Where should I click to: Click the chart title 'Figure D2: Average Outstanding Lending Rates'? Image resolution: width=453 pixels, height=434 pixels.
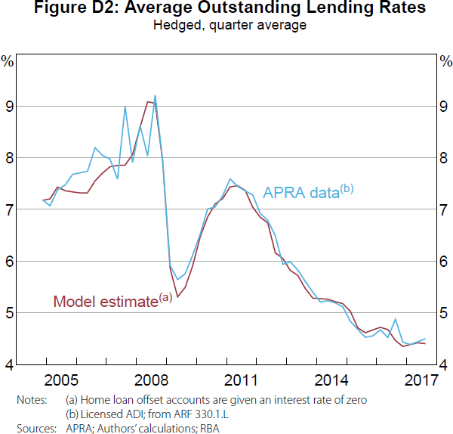pyautogui.click(x=226, y=9)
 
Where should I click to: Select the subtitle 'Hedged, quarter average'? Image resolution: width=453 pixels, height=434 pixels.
pyautogui.click(x=226, y=25)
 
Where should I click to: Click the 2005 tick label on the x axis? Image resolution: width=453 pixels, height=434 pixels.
pyautogui.click(x=62, y=379)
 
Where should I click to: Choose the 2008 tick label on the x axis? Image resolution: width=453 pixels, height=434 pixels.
pyautogui.click(x=152, y=379)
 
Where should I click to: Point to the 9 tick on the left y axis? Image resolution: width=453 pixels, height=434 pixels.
pyautogui.click(x=10, y=107)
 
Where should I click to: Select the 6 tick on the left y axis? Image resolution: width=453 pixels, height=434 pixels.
pyautogui.click(x=10, y=262)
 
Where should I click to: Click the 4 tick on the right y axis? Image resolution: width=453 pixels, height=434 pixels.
pyautogui.click(x=443, y=365)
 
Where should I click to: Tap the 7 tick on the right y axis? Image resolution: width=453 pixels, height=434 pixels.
pyautogui.click(x=443, y=210)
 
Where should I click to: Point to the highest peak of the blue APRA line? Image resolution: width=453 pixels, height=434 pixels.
pyautogui.click(x=155, y=96)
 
